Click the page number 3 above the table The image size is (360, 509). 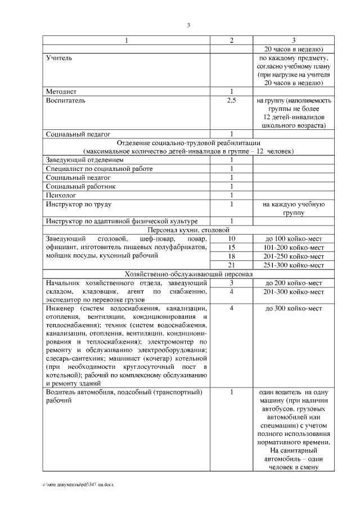[x=188, y=24]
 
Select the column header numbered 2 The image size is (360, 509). [x=231, y=40]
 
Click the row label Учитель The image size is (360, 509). [x=59, y=57]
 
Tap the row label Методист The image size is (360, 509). [x=61, y=91]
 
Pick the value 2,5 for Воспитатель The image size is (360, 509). [x=231, y=100]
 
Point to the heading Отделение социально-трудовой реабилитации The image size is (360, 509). [x=188, y=142]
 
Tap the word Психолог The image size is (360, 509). [x=62, y=195]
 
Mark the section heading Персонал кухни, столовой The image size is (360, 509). [x=188, y=230]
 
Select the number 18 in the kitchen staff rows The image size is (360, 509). [x=231, y=256]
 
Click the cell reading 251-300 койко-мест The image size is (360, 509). [x=294, y=265]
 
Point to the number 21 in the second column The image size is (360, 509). [x=231, y=265]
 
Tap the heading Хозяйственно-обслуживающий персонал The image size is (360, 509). [x=188, y=273]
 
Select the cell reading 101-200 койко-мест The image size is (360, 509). [x=294, y=247]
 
